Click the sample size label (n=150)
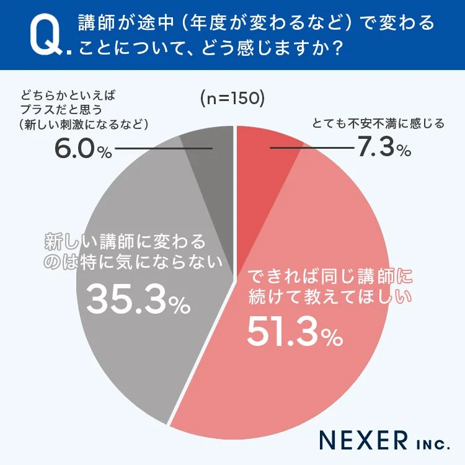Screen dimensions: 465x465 click(232, 98)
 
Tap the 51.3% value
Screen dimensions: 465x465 click(294, 333)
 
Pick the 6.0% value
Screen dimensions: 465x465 click(81, 149)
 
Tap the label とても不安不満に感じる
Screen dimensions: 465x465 click(378, 123)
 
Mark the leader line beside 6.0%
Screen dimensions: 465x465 click(164, 149)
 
